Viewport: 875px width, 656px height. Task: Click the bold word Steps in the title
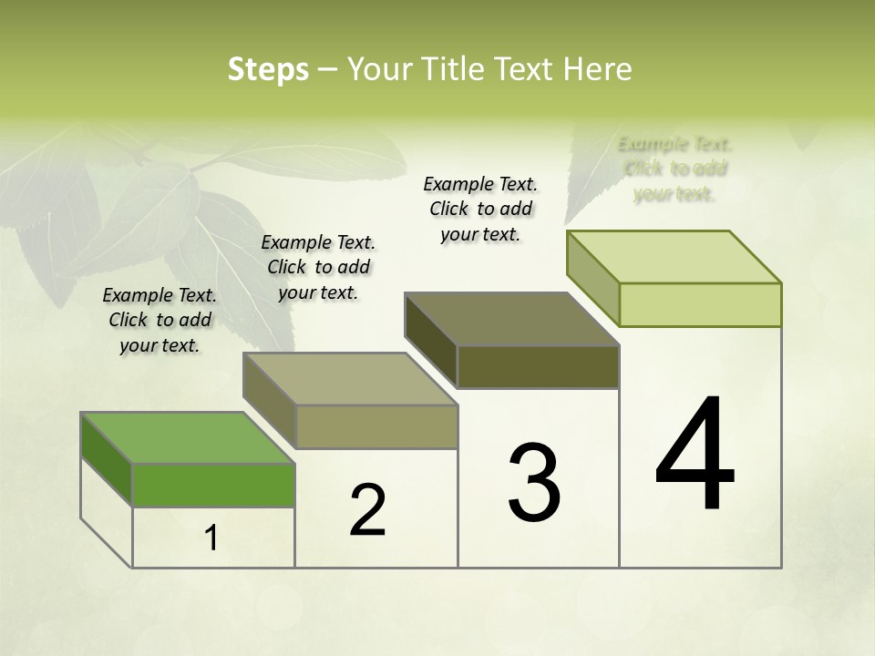click(267, 69)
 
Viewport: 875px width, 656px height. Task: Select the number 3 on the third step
click(533, 482)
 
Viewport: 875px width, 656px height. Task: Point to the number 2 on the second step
click(367, 510)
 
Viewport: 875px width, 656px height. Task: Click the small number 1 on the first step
click(211, 538)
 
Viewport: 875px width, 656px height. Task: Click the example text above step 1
click(160, 320)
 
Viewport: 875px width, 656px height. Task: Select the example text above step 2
click(318, 267)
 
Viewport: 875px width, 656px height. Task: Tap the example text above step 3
click(480, 209)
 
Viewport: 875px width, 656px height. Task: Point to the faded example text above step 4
click(675, 169)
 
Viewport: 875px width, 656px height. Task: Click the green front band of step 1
click(213, 485)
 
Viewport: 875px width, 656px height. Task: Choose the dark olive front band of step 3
click(538, 367)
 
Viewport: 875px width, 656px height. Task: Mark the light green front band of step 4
click(700, 304)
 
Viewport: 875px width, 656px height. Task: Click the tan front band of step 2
click(376, 426)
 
